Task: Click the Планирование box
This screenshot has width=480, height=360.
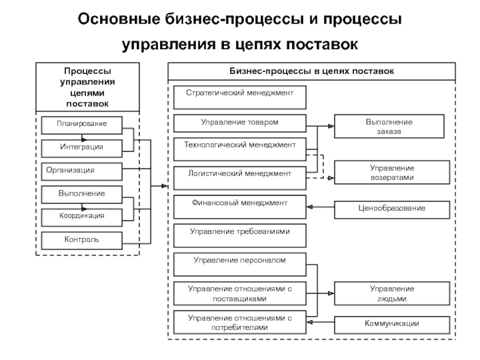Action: coord(82,125)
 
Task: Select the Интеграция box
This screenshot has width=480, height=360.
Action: coord(82,147)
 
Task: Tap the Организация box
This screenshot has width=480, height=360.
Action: coord(82,171)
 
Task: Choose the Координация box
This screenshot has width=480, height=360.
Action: coord(82,216)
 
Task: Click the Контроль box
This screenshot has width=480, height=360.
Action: coord(82,240)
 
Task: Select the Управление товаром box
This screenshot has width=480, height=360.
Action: coord(240,123)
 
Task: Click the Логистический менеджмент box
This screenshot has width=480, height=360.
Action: coord(240,174)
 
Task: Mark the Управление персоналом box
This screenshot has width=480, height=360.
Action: coord(240,262)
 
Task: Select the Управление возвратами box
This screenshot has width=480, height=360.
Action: coord(391,173)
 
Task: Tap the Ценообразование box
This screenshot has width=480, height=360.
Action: coord(391,209)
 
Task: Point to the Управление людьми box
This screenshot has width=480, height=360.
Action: coord(391,293)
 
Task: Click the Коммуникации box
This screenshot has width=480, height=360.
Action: coord(391,325)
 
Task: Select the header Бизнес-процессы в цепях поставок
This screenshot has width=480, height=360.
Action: coord(311,71)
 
